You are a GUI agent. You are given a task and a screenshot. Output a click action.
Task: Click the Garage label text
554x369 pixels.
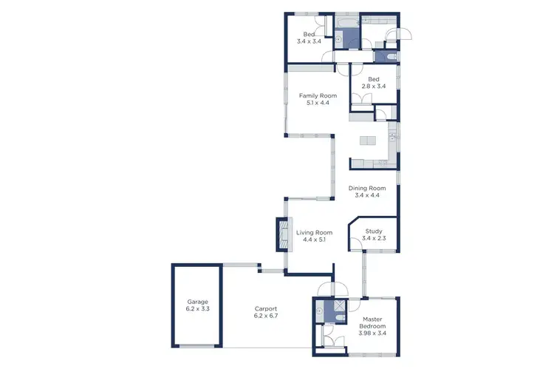[x=197, y=302]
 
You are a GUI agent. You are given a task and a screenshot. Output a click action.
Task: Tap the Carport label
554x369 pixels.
[x=265, y=308]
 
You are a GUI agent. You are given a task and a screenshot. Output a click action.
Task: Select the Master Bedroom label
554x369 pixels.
[x=372, y=322]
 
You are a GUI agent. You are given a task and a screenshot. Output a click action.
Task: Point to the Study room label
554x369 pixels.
[x=373, y=231]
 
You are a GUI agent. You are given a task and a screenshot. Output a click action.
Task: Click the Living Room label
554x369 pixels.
[x=315, y=232]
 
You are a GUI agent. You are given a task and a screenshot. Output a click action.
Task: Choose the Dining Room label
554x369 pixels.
[x=367, y=188]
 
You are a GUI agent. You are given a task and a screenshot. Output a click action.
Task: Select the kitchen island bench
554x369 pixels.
[x=368, y=141]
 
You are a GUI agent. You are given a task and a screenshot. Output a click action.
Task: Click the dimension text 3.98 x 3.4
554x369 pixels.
[x=372, y=333]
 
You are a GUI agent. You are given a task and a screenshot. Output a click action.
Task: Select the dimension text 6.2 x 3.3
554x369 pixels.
[x=197, y=310]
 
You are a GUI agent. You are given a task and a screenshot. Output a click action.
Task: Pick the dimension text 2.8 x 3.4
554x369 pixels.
[x=374, y=87]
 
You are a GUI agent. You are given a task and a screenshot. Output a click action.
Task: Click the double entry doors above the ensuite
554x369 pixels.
[x=326, y=289]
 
